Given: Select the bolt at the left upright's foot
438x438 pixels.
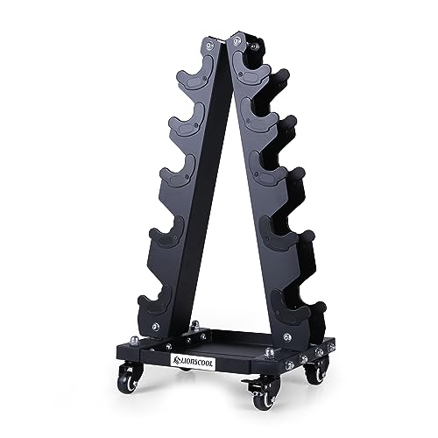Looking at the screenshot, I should click(154, 326).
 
